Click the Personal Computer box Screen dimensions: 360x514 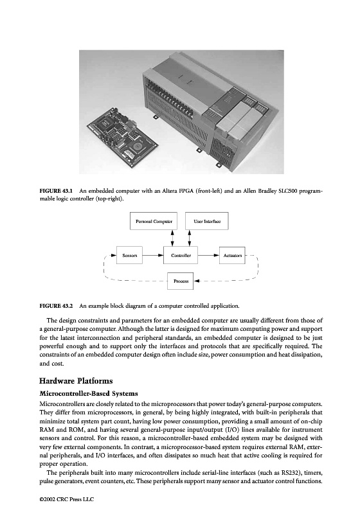pos(154,221)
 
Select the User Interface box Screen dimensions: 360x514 pos(207,221)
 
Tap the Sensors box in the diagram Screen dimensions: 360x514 pos(129,255)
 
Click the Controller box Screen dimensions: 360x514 pos(181,255)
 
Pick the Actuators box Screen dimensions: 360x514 pos(232,255)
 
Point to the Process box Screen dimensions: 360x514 pos(181,281)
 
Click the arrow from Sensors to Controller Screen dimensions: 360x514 pos(153,255)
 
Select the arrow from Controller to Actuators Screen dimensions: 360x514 pos(208,255)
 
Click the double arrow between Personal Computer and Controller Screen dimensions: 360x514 pos(173,238)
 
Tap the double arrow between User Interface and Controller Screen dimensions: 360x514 pos(189,238)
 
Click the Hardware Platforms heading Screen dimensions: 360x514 pos(76,381)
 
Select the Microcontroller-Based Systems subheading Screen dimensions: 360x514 pos(89,393)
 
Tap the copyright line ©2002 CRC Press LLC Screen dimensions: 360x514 pos(67,500)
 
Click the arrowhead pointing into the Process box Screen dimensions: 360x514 pos(196,281)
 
